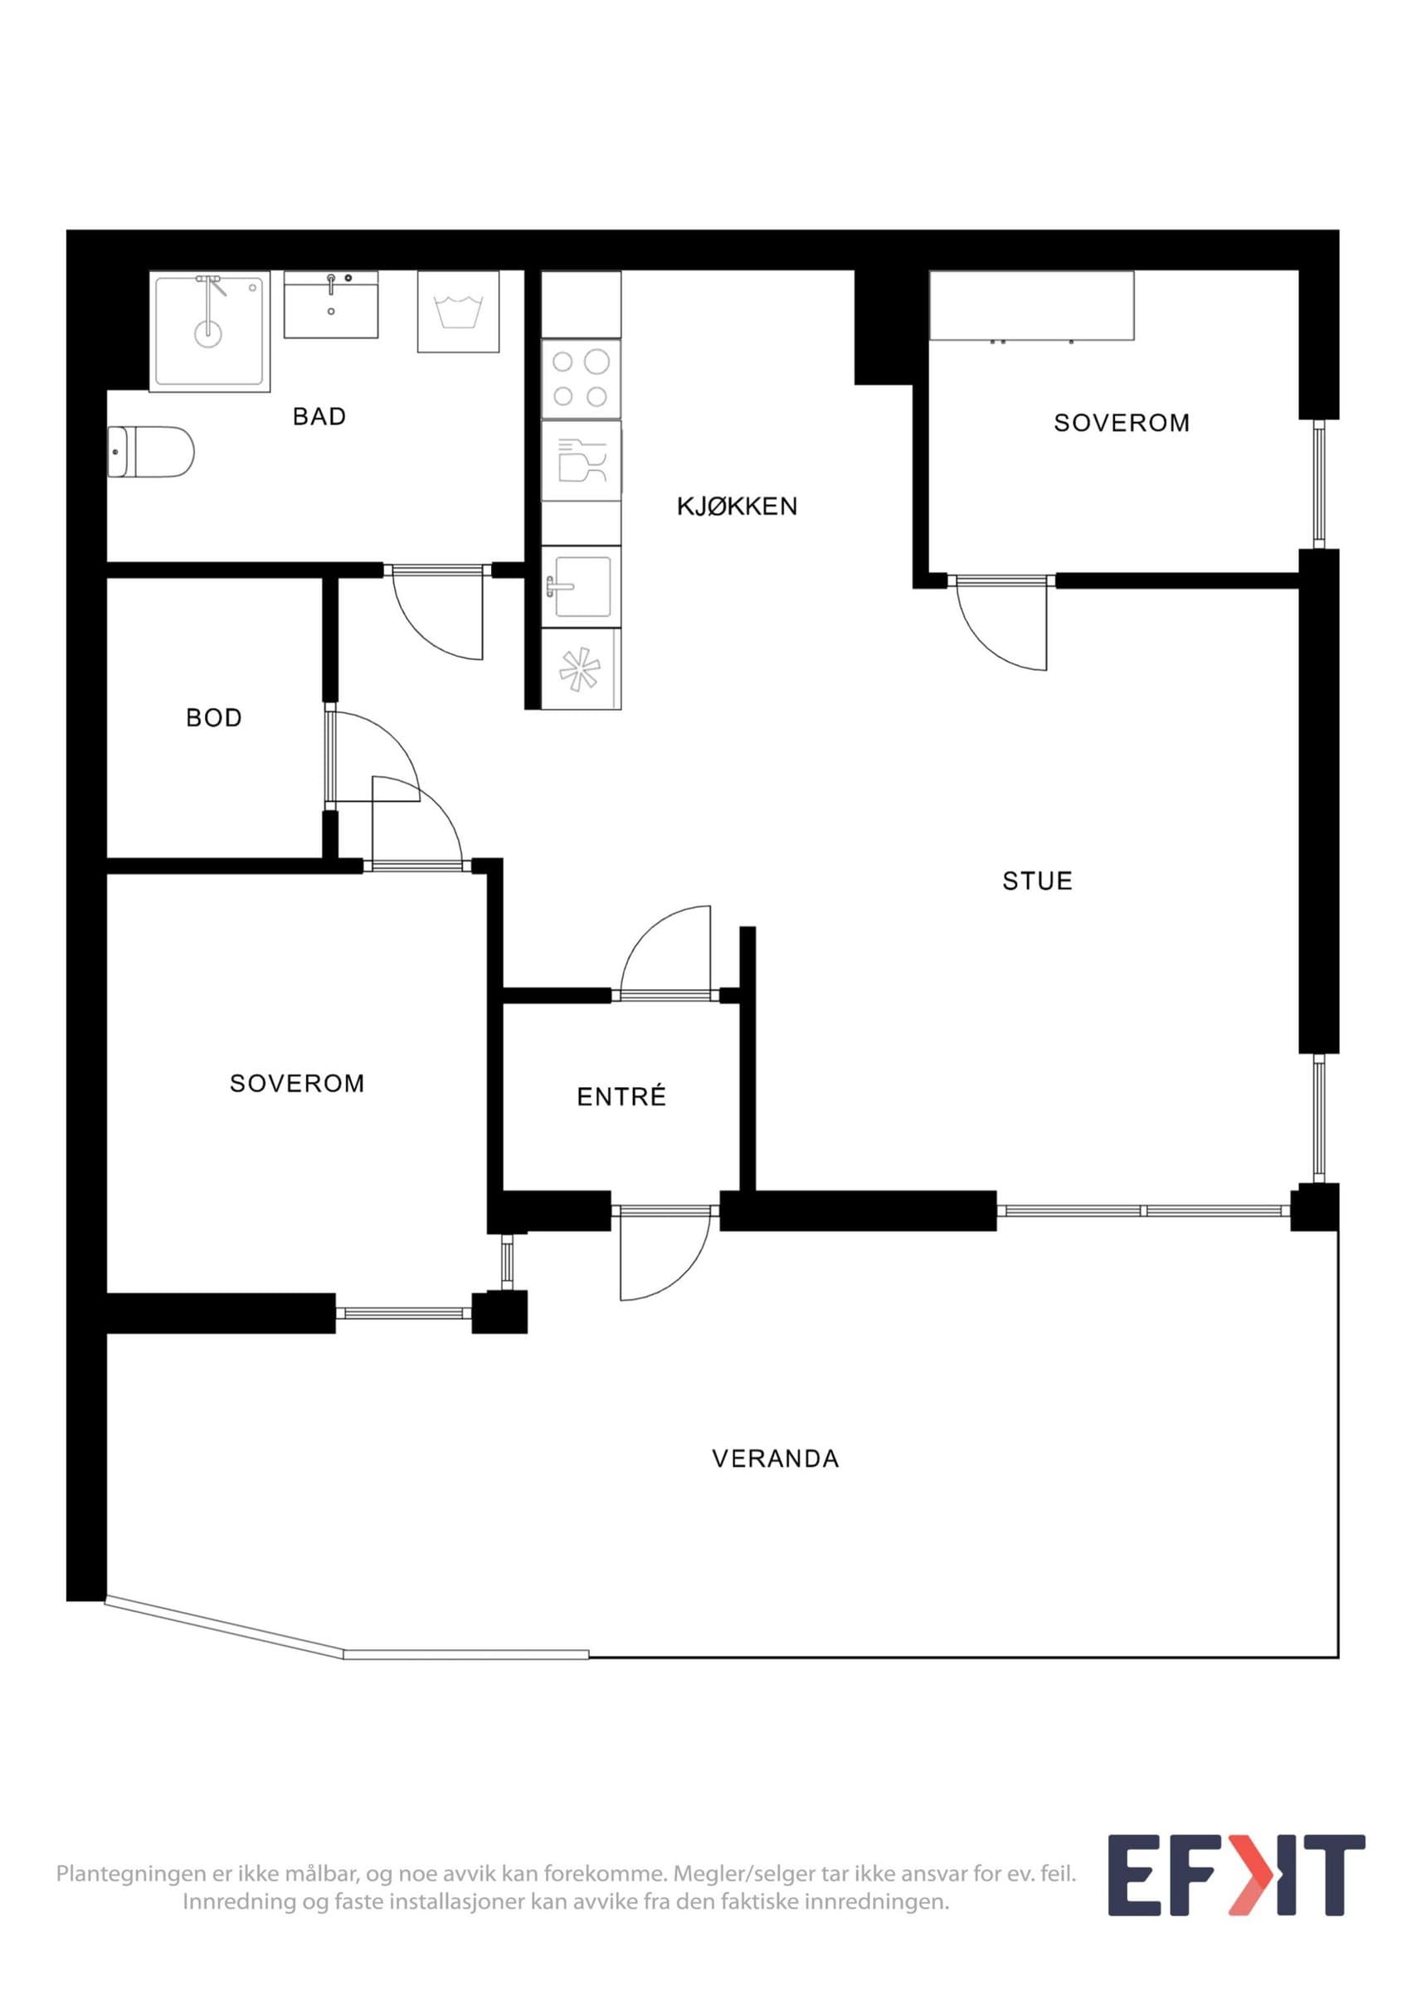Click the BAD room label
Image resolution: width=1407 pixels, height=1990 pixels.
319,417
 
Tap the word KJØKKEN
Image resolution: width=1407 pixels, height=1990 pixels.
737,506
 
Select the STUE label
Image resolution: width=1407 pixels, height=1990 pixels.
1038,881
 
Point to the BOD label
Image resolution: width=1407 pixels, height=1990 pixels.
214,718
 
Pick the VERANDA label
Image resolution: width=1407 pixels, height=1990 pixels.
776,1459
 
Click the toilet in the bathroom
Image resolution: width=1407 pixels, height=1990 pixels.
151,452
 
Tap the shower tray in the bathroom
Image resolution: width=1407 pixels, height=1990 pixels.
210,331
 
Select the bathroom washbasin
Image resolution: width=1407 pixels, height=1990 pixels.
331,304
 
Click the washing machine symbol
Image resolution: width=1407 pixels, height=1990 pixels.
459,312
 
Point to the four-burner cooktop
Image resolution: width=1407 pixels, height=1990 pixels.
581,379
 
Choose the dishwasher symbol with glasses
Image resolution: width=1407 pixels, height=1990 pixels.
581,460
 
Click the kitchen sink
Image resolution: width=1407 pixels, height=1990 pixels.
581,587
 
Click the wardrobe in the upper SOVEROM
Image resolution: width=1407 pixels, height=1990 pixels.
1032,306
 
